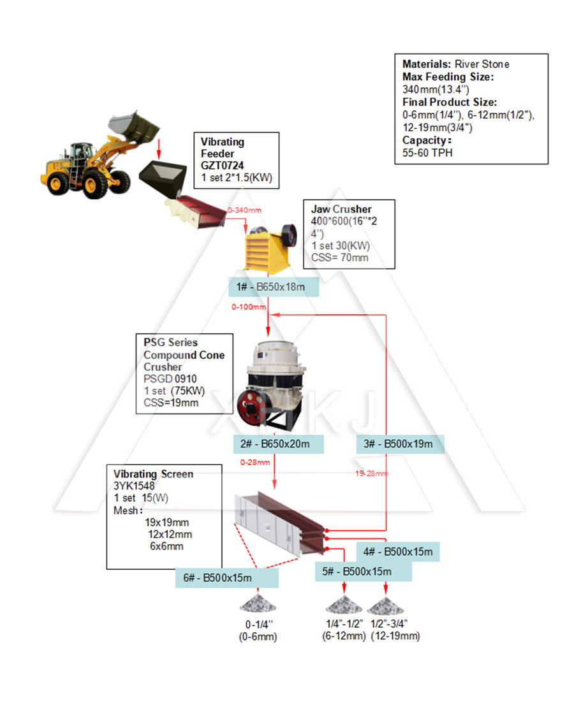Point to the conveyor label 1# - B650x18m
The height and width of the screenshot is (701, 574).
click(274, 288)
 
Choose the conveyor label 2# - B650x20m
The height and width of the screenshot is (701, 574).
click(278, 444)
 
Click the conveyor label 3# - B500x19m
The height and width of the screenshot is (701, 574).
click(399, 444)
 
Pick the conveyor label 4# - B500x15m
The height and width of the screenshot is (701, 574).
click(398, 551)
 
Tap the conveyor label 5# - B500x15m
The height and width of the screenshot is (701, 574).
click(362, 571)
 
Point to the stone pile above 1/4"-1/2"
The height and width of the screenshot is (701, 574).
click(344, 603)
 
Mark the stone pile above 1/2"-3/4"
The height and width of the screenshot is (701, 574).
click(385, 603)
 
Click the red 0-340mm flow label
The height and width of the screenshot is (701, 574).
click(244, 210)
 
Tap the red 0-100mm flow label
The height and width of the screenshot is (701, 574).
click(249, 307)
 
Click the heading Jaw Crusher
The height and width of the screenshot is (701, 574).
click(341, 209)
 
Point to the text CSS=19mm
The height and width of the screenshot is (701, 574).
click(171, 403)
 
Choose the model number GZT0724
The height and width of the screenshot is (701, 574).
click(223, 166)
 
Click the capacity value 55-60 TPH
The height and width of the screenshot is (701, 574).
click(427, 153)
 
